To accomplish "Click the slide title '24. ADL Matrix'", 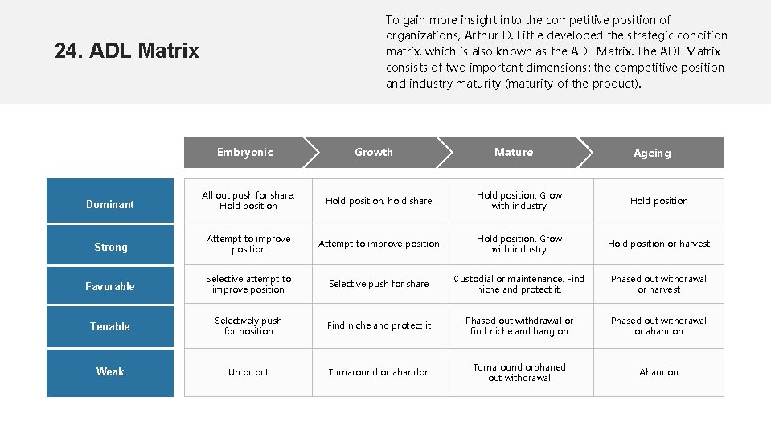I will pyautogui.click(x=127, y=51).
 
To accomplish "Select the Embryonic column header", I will pyautogui.click(x=244, y=152).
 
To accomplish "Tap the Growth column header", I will pyautogui.click(x=374, y=152).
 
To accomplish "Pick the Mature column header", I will pyautogui.click(x=514, y=152).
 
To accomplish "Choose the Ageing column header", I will pyautogui.click(x=652, y=153).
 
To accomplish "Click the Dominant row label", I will pyautogui.click(x=110, y=204).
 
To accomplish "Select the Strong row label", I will pyautogui.click(x=110, y=247).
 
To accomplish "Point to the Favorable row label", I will pyautogui.click(x=110, y=286).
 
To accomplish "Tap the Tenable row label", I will pyautogui.click(x=110, y=326).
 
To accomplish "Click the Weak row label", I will pyautogui.click(x=110, y=371).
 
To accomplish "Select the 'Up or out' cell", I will pyautogui.click(x=248, y=372).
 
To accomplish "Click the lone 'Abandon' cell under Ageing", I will pyautogui.click(x=658, y=372).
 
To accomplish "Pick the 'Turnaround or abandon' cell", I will pyautogui.click(x=379, y=372).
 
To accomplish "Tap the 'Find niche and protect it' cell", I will pyautogui.click(x=379, y=325).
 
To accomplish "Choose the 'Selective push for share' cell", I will pyautogui.click(x=379, y=284).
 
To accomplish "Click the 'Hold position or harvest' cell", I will pyautogui.click(x=658, y=244).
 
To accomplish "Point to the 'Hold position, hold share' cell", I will pyautogui.click(x=379, y=201).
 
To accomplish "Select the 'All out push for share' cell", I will pyautogui.click(x=248, y=200).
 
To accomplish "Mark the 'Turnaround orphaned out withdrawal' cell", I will pyautogui.click(x=519, y=372).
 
